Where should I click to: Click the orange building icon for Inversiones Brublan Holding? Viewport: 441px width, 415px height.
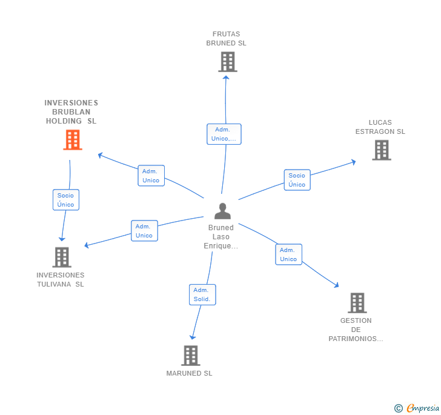click(73, 140)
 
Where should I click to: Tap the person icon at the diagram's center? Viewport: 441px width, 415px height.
click(223, 211)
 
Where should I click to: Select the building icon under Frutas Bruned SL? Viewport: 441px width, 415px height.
click(227, 62)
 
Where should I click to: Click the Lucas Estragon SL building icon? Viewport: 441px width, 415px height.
click(381, 150)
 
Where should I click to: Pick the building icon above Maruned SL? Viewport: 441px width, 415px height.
click(190, 356)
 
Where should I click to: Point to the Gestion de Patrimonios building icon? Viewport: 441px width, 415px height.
click(357, 303)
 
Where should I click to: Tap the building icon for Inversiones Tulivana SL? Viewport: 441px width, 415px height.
click(61, 257)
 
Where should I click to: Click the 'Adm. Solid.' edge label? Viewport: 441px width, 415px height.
click(202, 294)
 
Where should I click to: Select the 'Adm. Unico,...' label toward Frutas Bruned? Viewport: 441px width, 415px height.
click(224, 134)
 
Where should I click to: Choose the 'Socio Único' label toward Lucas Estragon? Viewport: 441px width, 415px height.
click(297, 180)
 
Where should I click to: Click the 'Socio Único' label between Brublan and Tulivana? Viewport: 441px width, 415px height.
click(65, 200)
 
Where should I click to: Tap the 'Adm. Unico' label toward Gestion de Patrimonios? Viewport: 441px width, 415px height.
click(288, 254)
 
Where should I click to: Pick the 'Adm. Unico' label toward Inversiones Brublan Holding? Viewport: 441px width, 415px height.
click(151, 176)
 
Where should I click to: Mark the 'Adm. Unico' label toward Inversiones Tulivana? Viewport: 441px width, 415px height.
click(144, 231)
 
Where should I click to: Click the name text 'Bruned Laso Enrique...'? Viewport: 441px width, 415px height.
click(221, 237)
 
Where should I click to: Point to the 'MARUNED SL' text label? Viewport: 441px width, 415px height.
click(189, 373)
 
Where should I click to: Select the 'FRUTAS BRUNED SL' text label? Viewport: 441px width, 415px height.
click(226, 39)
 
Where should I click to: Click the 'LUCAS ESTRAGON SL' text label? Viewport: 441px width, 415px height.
click(380, 127)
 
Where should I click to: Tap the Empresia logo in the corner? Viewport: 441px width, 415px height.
click(423, 408)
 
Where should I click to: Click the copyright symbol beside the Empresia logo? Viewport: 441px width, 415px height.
click(398, 408)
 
